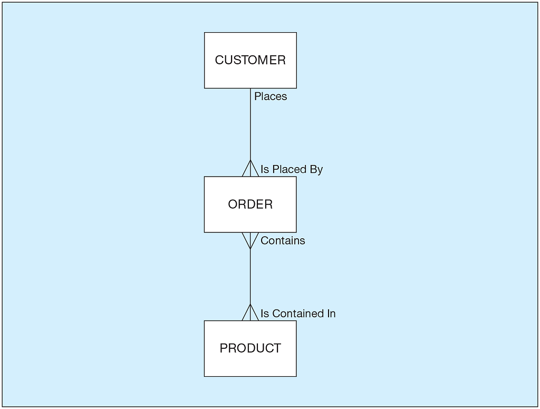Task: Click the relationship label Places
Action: pyautogui.click(x=271, y=96)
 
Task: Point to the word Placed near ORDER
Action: pyautogui.click(x=289, y=169)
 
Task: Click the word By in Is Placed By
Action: pyautogui.click(x=316, y=169)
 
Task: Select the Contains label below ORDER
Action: pyautogui.click(x=283, y=241)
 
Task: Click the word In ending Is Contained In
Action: pyautogui.click(x=331, y=314)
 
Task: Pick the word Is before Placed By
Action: pyautogui.click(x=265, y=169)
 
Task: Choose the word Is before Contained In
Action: pyautogui.click(x=265, y=314)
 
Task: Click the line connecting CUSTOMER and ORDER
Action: pyautogui.click(x=250, y=126)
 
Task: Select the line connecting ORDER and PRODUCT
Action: pyautogui.click(x=250, y=277)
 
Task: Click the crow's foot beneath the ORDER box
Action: pyautogui.click(x=250, y=240)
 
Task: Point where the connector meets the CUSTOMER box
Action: pyautogui.click(x=250, y=89)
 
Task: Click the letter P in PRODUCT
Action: pyautogui.click(x=223, y=348)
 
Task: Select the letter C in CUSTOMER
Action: pyautogui.click(x=219, y=60)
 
